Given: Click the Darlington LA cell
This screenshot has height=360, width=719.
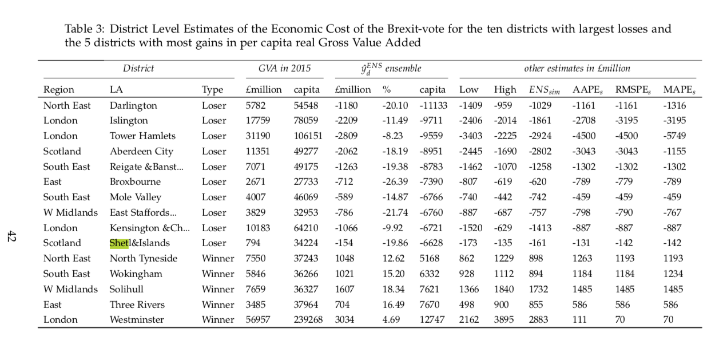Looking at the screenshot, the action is coord(133,106).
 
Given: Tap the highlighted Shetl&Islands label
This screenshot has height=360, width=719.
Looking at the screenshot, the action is coord(140,243).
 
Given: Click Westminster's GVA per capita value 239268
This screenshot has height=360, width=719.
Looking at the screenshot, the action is coord(308,320).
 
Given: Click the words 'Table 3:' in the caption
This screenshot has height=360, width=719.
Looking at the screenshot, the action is coord(85,29).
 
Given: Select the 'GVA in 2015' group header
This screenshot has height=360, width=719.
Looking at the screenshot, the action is coord(284,69).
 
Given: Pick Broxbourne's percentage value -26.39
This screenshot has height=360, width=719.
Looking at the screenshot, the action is coord(395,182).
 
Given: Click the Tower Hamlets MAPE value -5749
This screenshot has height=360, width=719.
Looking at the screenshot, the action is coord(674,136).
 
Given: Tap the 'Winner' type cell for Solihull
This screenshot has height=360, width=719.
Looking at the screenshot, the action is coord(218,290).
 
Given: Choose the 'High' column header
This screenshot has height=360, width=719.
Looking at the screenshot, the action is coord(505,90).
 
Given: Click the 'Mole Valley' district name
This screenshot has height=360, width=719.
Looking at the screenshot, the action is coord(135,197).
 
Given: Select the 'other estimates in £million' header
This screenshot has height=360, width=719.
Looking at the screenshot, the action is coord(577,69).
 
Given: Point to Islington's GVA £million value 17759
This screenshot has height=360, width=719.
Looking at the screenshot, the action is coord(258,120).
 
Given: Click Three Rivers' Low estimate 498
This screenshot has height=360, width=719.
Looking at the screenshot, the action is coord(467,304).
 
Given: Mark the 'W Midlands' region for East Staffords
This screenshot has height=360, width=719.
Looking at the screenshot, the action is coord(70,212).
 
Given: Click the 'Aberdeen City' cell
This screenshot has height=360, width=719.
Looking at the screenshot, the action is coord(141,151).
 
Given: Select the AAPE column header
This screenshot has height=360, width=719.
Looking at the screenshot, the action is coord(587,90).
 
